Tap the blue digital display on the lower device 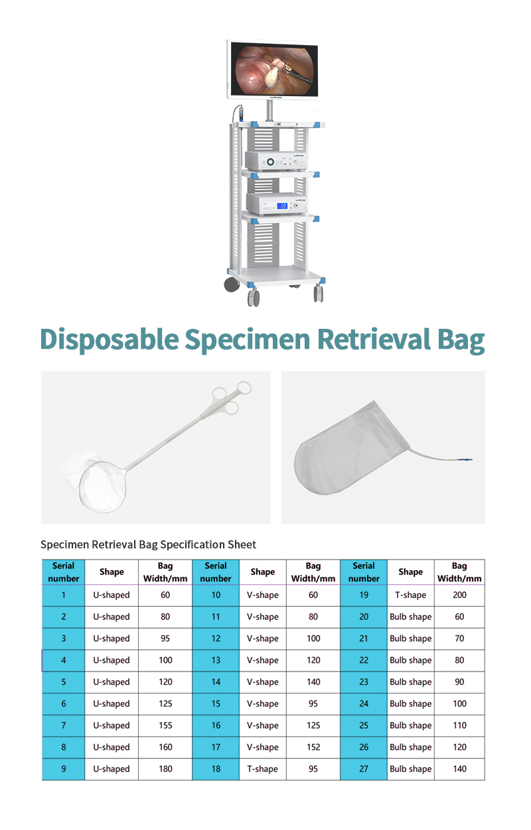(282, 206)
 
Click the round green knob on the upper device (271, 162)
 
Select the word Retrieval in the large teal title (374, 339)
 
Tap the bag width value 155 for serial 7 (165, 725)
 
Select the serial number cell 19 (364, 595)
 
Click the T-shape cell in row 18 (262, 769)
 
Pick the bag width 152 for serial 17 (313, 747)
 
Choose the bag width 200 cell (459, 595)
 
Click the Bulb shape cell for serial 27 (411, 769)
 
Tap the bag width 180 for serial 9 (165, 769)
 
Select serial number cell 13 (216, 660)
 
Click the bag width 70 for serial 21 (459, 638)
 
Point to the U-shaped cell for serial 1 (112, 595)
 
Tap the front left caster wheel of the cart (254, 298)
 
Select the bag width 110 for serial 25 (459, 725)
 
